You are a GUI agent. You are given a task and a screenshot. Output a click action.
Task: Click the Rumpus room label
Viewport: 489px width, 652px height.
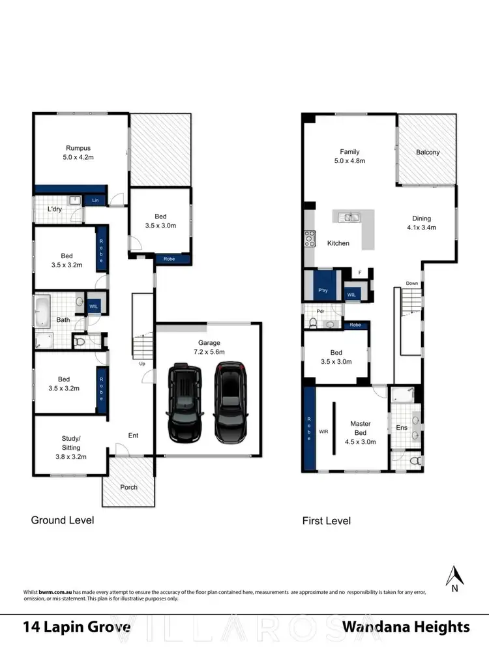78,148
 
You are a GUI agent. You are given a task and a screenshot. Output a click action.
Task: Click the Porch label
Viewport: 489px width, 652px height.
129,487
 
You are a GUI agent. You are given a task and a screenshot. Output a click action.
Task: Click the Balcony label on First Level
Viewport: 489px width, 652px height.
428,153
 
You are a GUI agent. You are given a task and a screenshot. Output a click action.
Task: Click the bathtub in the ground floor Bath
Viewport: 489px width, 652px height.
42,312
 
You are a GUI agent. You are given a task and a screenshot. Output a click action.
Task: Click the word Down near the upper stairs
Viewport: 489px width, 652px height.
412,284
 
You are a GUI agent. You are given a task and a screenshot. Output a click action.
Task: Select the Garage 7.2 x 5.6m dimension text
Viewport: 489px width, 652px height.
209,351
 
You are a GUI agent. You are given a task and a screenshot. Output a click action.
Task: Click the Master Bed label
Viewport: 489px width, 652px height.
360,428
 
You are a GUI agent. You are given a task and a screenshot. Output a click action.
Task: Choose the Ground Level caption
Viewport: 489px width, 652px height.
63,520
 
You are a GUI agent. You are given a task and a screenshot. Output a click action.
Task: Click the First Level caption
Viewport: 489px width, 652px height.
326,521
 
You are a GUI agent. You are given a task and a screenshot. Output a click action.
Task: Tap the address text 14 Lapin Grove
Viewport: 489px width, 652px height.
76,627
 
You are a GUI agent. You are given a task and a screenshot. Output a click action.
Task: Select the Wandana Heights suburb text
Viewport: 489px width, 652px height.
406,627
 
